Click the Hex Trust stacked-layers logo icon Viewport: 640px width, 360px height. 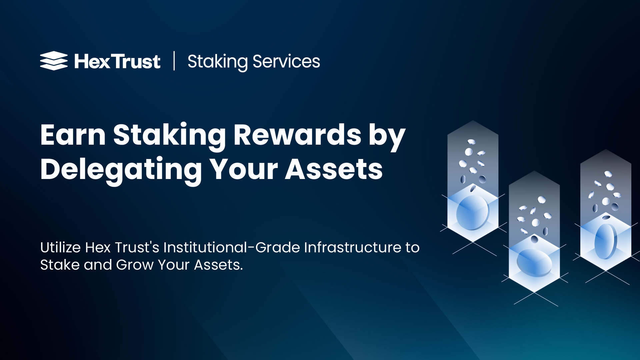click(54, 61)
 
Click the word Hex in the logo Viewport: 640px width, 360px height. click(92, 62)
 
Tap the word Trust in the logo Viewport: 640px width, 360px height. click(136, 62)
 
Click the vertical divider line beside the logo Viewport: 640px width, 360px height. click(174, 61)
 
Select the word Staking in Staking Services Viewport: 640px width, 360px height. click(217, 62)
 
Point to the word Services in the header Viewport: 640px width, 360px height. click(286, 62)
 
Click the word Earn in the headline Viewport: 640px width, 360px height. click(73, 135)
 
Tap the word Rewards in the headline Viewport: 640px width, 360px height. click(297, 135)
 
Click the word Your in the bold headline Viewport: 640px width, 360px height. click(244, 169)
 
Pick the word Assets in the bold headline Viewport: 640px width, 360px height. click(334, 169)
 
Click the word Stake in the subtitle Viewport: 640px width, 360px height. click(60, 265)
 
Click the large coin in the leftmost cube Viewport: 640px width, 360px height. click(472, 213)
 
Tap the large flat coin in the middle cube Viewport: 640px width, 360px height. click(534, 262)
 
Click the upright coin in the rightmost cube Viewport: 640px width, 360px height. click(606, 241)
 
